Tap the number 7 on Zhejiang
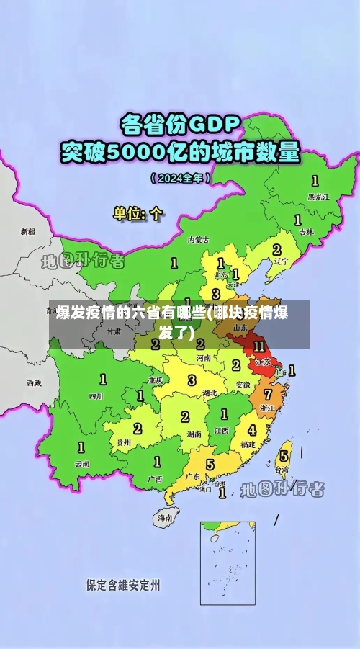(x=268, y=395)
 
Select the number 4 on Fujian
(x=252, y=430)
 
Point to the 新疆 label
(x=27, y=232)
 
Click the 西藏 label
(x=34, y=382)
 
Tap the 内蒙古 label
(x=198, y=240)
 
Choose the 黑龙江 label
(x=318, y=196)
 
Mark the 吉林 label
(x=307, y=232)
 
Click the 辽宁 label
(x=281, y=261)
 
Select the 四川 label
(x=96, y=395)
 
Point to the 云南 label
(x=82, y=464)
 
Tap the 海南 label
(x=166, y=517)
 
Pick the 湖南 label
(x=194, y=434)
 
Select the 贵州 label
(x=123, y=442)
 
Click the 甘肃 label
(x=114, y=332)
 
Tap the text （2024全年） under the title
(x=180, y=177)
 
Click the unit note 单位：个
(x=138, y=213)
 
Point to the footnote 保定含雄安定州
(x=122, y=584)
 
